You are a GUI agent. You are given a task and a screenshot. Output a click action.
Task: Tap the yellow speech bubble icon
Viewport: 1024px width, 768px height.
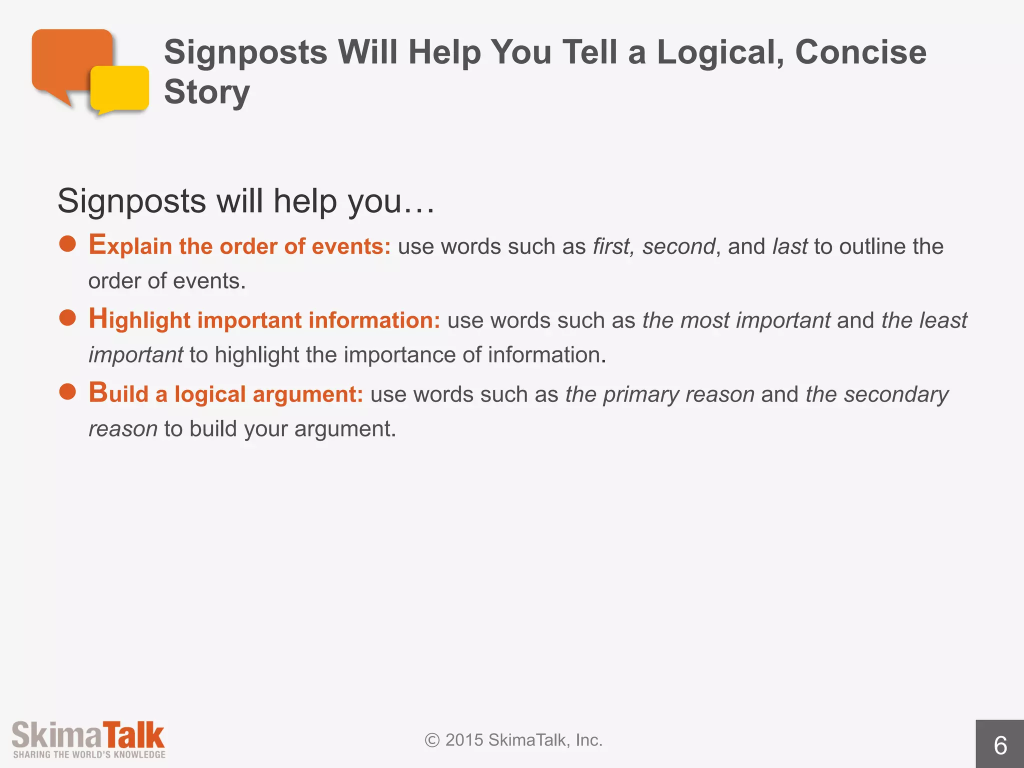(120, 89)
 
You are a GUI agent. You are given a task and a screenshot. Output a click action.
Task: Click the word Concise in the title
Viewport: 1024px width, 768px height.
(860, 52)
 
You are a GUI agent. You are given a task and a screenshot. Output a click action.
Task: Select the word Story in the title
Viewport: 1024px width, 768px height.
(206, 92)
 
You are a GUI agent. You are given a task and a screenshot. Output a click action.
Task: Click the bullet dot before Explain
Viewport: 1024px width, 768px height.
(67, 244)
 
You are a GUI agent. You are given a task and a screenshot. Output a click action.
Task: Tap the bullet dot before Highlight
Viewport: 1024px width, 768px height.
(67, 318)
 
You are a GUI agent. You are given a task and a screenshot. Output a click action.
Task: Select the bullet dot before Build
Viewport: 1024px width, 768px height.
(67, 392)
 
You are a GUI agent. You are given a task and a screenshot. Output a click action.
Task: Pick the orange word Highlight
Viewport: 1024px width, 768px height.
(139, 320)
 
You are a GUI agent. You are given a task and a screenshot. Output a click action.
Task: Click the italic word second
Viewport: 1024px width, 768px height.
(678, 246)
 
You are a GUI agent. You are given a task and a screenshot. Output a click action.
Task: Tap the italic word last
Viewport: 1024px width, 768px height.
(789, 246)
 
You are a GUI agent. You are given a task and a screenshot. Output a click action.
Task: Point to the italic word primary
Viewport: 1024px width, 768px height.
(641, 395)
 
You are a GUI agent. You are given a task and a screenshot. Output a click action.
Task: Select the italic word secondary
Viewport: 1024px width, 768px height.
(896, 395)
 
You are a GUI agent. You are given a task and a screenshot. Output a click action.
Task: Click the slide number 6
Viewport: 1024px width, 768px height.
(999, 745)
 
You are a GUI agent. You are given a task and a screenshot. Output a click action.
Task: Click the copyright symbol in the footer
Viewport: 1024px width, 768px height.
(432, 740)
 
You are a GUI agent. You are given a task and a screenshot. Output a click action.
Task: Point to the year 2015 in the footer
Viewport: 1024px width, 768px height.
(464, 740)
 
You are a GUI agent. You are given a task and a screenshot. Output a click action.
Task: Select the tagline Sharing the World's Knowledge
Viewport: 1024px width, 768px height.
(89, 754)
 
